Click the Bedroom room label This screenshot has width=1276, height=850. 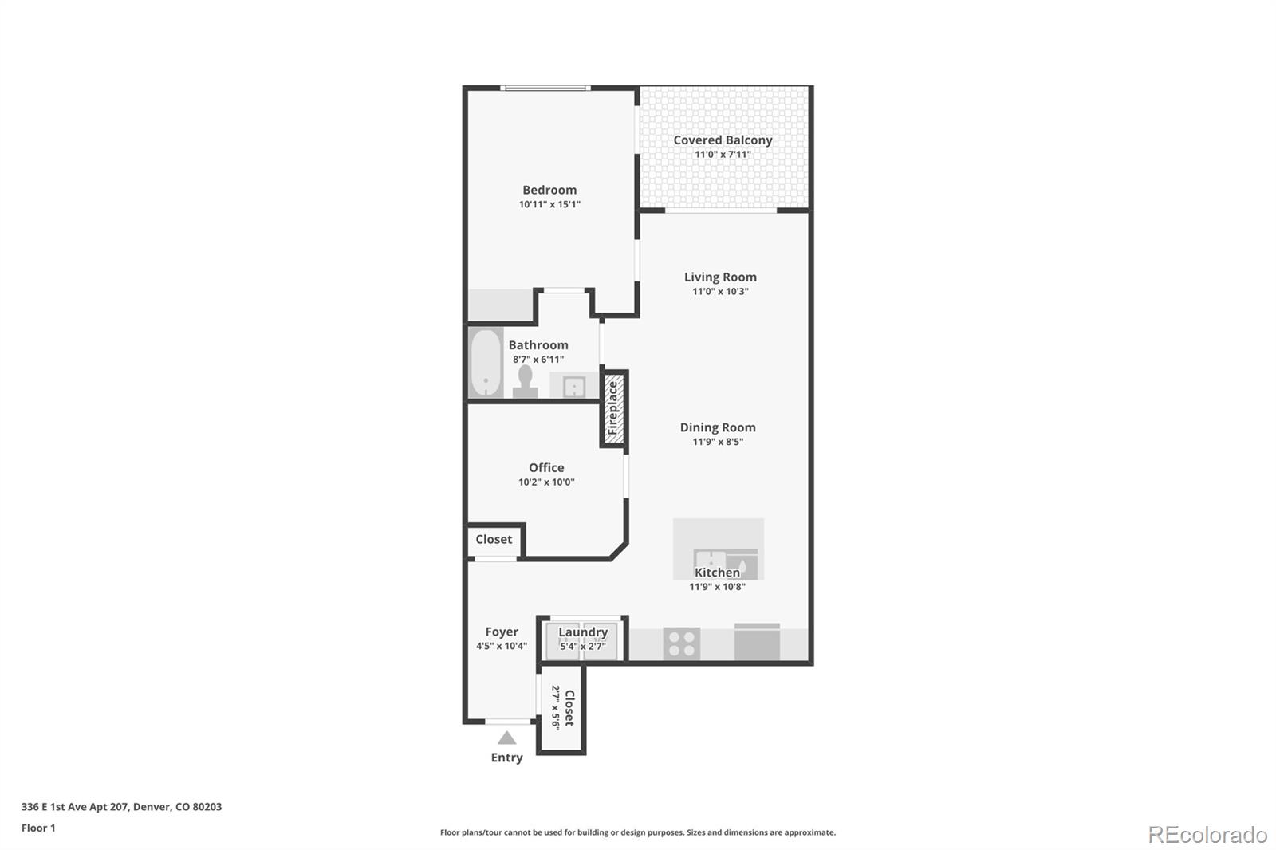[x=549, y=190]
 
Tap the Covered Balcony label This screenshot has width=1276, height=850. [x=723, y=140]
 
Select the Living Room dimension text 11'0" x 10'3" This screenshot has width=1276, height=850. [x=720, y=292]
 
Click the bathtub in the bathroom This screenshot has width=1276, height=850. [x=485, y=364]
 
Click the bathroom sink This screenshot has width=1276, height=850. [x=574, y=388]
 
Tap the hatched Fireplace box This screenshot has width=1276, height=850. [x=613, y=408]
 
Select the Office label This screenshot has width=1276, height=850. [x=546, y=468]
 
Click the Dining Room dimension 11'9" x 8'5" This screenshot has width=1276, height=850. [x=718, y=442]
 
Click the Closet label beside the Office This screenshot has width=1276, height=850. [x=494, y=540]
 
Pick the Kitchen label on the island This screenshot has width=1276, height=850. [x=717, y=573]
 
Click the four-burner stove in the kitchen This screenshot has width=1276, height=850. [x=682, y=643]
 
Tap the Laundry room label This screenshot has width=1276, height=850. [x=583, y=632]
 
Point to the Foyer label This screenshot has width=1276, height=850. [x=502, y=632]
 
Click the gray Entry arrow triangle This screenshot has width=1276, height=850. [x=506, y=738]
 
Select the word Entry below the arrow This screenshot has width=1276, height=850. [x=506, y=758]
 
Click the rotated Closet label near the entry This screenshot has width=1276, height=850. [x=569, y=708]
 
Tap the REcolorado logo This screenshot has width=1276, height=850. [x=1207, y=835]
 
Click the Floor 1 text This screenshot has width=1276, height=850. [x=38, y=828]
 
